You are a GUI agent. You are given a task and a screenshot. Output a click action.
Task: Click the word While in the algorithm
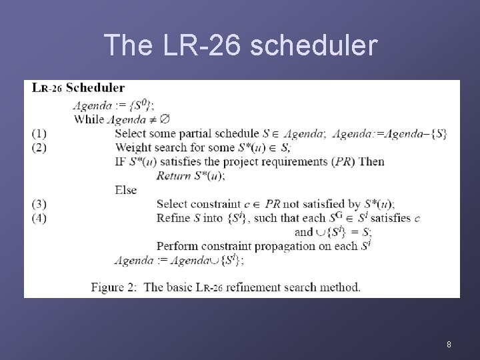pyautogui.click(x=89, y=119)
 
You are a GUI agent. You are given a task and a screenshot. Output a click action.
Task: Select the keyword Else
pyautogui.click(x=125, y=190)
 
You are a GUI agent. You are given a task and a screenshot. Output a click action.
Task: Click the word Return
pyautogui.click(x=172, y=176)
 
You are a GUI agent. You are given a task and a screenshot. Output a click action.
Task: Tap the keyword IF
pyautogui.click(x=121, y=162)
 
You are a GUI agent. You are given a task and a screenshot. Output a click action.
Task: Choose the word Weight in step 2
pyautogui.click(x=132, y=147)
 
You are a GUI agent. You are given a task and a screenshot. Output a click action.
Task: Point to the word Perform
pyautogui.click(x=177, y=246)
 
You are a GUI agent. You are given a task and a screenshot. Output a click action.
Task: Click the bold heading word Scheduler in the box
pyautogui.click(x=95, y=88)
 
